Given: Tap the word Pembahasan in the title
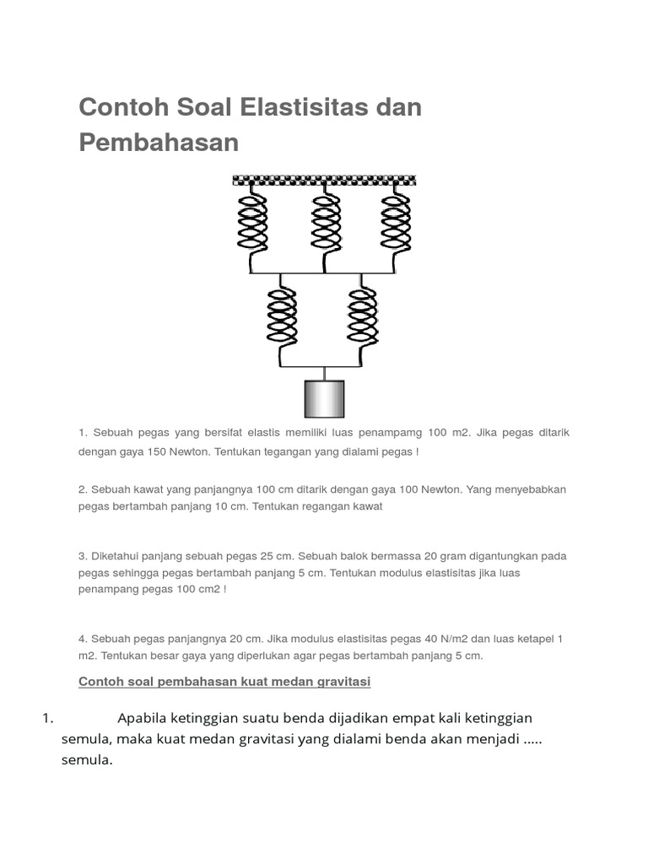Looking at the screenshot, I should (159, 143).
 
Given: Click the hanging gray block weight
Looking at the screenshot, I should (323, 398).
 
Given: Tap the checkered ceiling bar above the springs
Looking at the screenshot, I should (325, 181).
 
